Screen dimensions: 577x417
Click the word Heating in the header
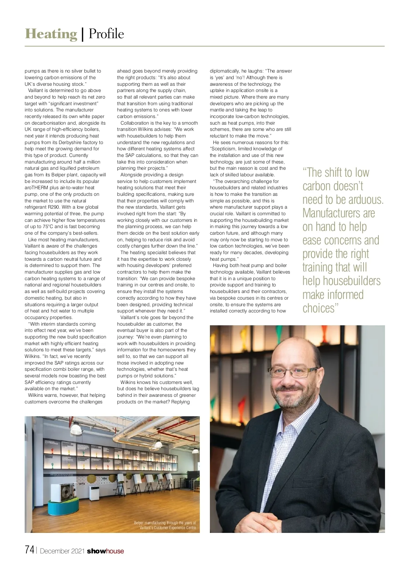pos(51,34)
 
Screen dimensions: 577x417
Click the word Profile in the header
pos(106,34)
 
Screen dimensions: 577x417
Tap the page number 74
pos(30,550)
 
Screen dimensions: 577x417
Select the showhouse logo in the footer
pos(105,551)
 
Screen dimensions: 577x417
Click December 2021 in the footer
pos(63,551)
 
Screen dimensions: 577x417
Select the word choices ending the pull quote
pos(318,308)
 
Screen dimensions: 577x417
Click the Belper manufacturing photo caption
pos(165,525)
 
